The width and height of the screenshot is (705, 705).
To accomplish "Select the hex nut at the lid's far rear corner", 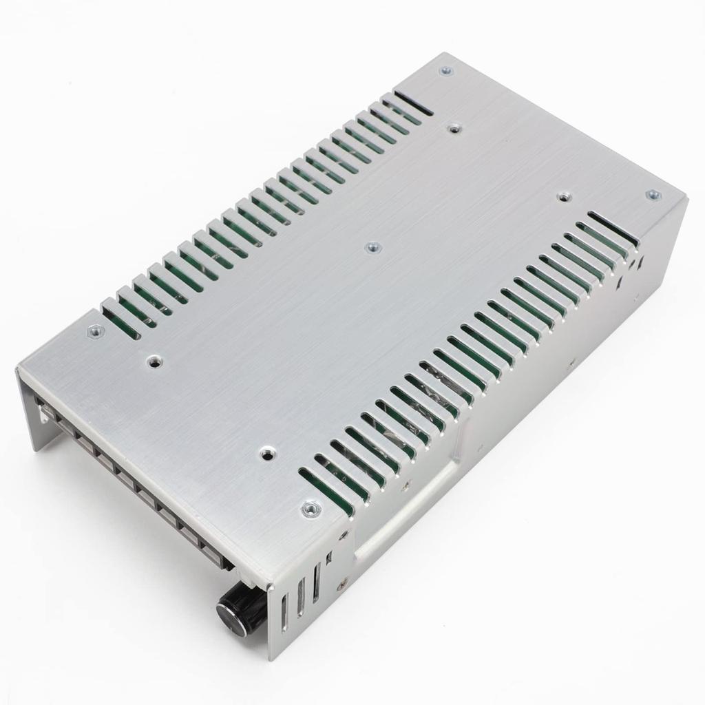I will click(446, 70).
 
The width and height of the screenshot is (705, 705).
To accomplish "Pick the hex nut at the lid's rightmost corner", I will click(652, 195).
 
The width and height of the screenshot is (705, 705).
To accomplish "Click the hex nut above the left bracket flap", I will click(96, 332).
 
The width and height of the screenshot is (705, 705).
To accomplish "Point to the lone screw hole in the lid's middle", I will click(372, 246).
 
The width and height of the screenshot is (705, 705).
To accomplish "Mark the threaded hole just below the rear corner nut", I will click(453, 127).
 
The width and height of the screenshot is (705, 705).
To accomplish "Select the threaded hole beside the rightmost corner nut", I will click(564, 197).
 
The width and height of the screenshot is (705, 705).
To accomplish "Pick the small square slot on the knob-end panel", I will click(329, 557).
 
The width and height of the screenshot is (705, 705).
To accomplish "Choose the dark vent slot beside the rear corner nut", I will click(413, 103).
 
